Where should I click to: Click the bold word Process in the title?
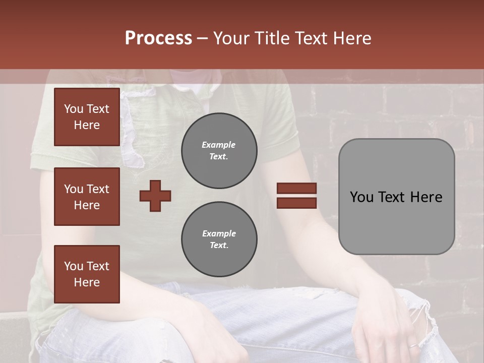click(158, 38)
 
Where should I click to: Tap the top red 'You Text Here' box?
click(87, 117)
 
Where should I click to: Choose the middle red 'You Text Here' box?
click(87, 197)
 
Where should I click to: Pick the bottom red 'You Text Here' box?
click(87, 274)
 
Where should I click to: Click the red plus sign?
click(155, 196)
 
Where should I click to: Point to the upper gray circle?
click(219, 151)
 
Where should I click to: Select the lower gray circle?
click(219, 239)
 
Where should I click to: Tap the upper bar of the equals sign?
click(296, 189)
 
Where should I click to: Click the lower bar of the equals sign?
click(296, 203)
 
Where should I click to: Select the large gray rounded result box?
click(396, 197)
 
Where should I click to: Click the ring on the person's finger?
click(412, 346)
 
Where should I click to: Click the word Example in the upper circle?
click(219, 145)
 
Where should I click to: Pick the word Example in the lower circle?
click(219, 233)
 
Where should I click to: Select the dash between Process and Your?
click(202, 38)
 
